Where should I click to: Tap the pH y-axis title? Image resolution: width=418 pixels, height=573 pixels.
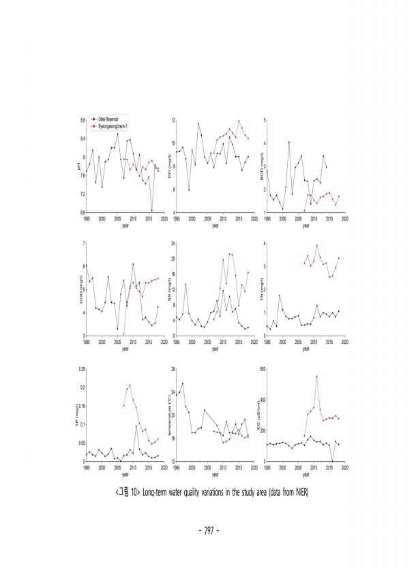(79, 166)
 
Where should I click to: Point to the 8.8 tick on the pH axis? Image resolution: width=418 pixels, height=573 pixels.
(82, 120)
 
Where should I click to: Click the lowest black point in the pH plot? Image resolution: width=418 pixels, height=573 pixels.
(151, 210)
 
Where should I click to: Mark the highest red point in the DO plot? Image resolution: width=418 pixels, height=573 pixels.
(239, 121)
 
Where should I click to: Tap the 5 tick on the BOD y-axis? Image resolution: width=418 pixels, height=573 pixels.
(264, 120)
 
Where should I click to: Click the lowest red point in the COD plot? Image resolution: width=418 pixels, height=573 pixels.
(123, 334)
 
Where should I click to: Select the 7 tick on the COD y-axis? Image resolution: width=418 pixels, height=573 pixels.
(83, 244)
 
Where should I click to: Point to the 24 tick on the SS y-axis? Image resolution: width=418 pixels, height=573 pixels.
(173, 244)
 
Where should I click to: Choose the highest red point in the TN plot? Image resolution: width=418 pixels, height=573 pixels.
(316, 246)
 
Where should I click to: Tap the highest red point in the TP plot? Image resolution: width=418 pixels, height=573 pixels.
(130, 385)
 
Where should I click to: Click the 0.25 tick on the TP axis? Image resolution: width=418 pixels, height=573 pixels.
(81, 369)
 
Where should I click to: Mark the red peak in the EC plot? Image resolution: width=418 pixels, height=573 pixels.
(316, 376)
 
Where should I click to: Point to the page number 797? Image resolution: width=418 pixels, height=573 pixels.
(209, 528)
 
